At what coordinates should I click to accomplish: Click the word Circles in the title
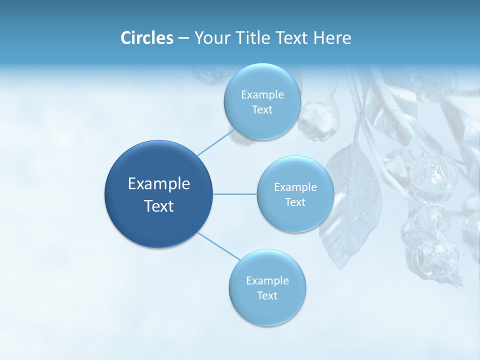[x=146, y=38]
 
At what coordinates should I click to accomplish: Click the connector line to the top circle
[x=215, y=140]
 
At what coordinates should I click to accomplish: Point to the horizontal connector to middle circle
[x=235, y=194]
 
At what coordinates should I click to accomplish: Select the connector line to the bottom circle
[x=219, y=246]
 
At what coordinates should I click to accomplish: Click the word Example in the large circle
[x=159, y=183]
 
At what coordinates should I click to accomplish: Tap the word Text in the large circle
[x=159, y=206]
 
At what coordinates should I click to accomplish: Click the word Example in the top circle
[x=262, y=94]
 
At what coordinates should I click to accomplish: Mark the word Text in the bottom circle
[x=267, y=295]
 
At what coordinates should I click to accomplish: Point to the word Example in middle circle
[x=295, y=187]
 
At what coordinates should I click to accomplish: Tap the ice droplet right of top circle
[x=319, y=120]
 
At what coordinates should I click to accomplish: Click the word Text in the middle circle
[x=295, y=202]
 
